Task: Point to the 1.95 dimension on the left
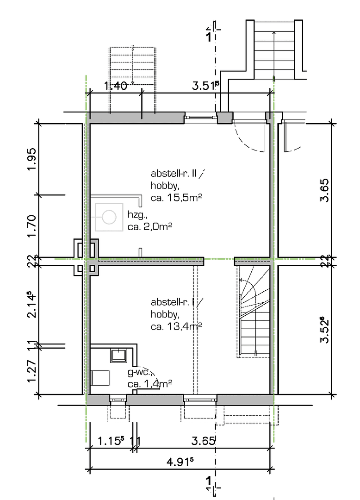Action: point(31,159)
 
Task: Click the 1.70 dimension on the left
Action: point(31,225)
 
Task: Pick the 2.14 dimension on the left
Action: point(31,305)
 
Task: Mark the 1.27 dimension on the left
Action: point(31,369)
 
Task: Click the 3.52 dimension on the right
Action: point(326,330)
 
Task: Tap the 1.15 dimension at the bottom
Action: point(111,441)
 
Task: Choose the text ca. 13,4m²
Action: point(178,326)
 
